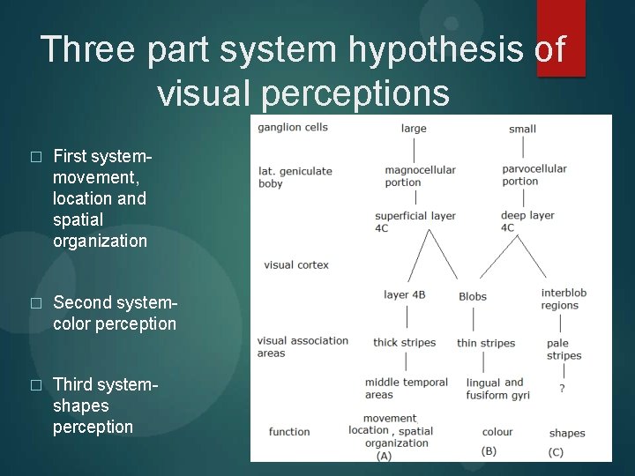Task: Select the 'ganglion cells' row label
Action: pyautogui.click(x=293, y=127)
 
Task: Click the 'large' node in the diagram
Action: pyautogui.click(x=414, y=129)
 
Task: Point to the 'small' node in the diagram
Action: pyautogui.click(x=522, y=129)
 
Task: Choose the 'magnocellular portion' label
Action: pyautogui.click(x=420, y=176)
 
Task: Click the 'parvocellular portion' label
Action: pyautogui.click(x=534, y=175)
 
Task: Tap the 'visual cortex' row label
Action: pyautogui.click(x=296, y=264)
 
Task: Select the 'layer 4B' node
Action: pyautogui.click(x=405, y=294)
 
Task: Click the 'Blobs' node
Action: pyautogui.click(x=473, y=296)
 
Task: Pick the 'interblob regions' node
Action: pyautogui.click(x=564, y=299)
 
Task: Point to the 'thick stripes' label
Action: pyautogui.click(x=404, y=343)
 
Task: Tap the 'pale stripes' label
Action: pyautogui.click(x=564, y=349)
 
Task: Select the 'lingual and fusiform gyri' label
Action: pyautogui.click(x=497, y=389)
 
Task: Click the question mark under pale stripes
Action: pyautogui.click(x=563, y=389)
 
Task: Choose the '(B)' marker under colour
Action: pyautogui.click(x=489, y=451)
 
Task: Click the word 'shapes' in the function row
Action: pyautogui.click(x=567, y=433)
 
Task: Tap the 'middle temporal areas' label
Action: pyautogui.click(x=407, y=388)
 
